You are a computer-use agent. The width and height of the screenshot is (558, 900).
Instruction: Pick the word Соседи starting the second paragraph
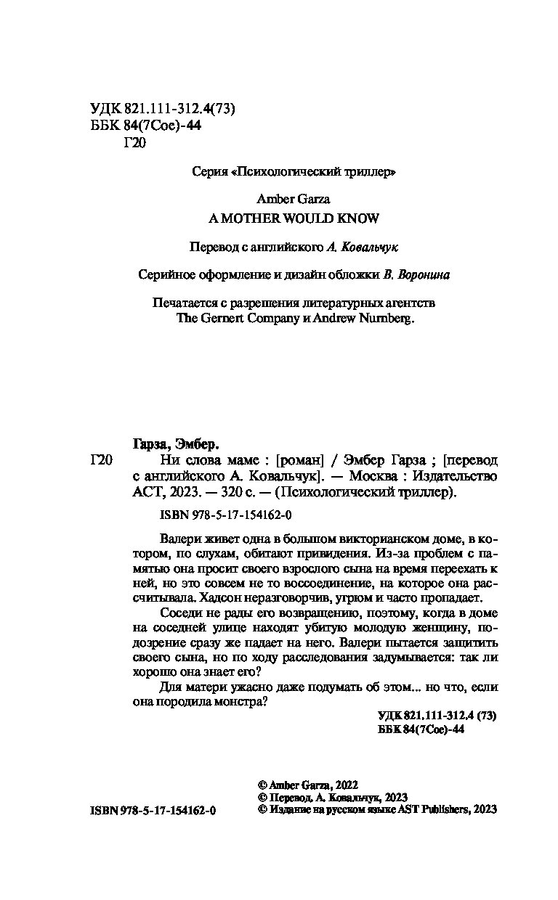point(179,615)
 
